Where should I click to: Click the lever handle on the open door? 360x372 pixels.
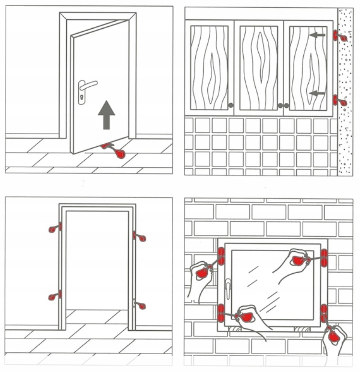click(x=87, y=86)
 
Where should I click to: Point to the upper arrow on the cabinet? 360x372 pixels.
click(x=316, y=35)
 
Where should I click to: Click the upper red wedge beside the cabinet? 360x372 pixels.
click(x=340, y=36)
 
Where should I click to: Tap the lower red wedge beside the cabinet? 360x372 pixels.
click(x=340, y=101)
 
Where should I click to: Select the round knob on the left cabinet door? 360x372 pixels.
click(x=231, y=105)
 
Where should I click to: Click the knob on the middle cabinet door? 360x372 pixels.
click(x=279, y=105)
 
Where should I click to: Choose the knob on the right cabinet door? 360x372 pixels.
click(x=287, y=105)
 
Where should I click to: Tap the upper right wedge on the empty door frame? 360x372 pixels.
click(x=140, y=236)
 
